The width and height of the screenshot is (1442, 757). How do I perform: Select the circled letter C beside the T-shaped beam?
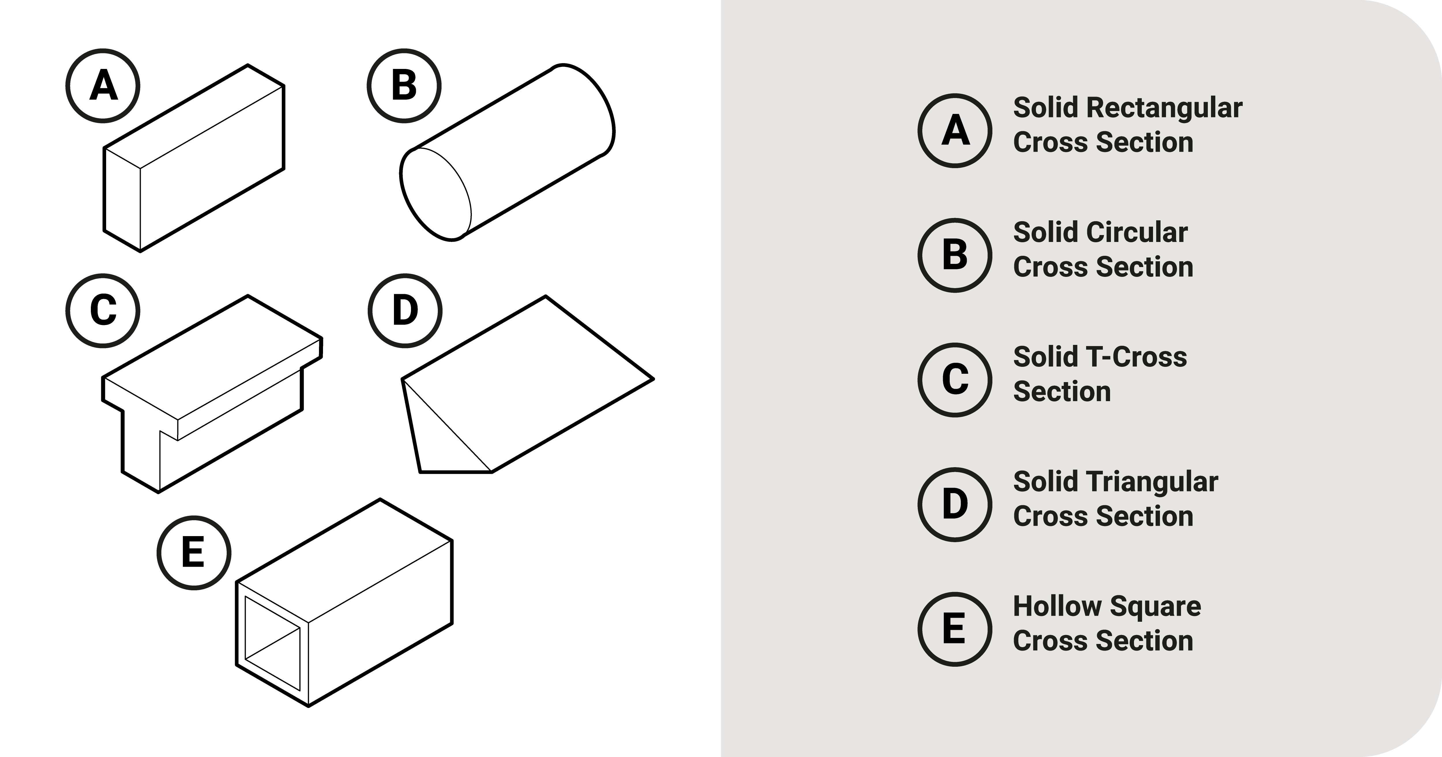tap(103, 311)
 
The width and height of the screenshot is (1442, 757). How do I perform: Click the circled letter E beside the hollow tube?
tap(194, 553)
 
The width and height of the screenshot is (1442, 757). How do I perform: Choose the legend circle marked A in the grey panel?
tap(955, 130)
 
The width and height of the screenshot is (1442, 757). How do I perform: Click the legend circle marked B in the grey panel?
tap(955, 255)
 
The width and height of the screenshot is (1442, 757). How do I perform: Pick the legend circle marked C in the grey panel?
tap(955, 380)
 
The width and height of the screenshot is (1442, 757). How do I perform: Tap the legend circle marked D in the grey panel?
tap(955, 504)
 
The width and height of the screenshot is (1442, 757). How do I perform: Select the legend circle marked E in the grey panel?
tap(955, 629)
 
